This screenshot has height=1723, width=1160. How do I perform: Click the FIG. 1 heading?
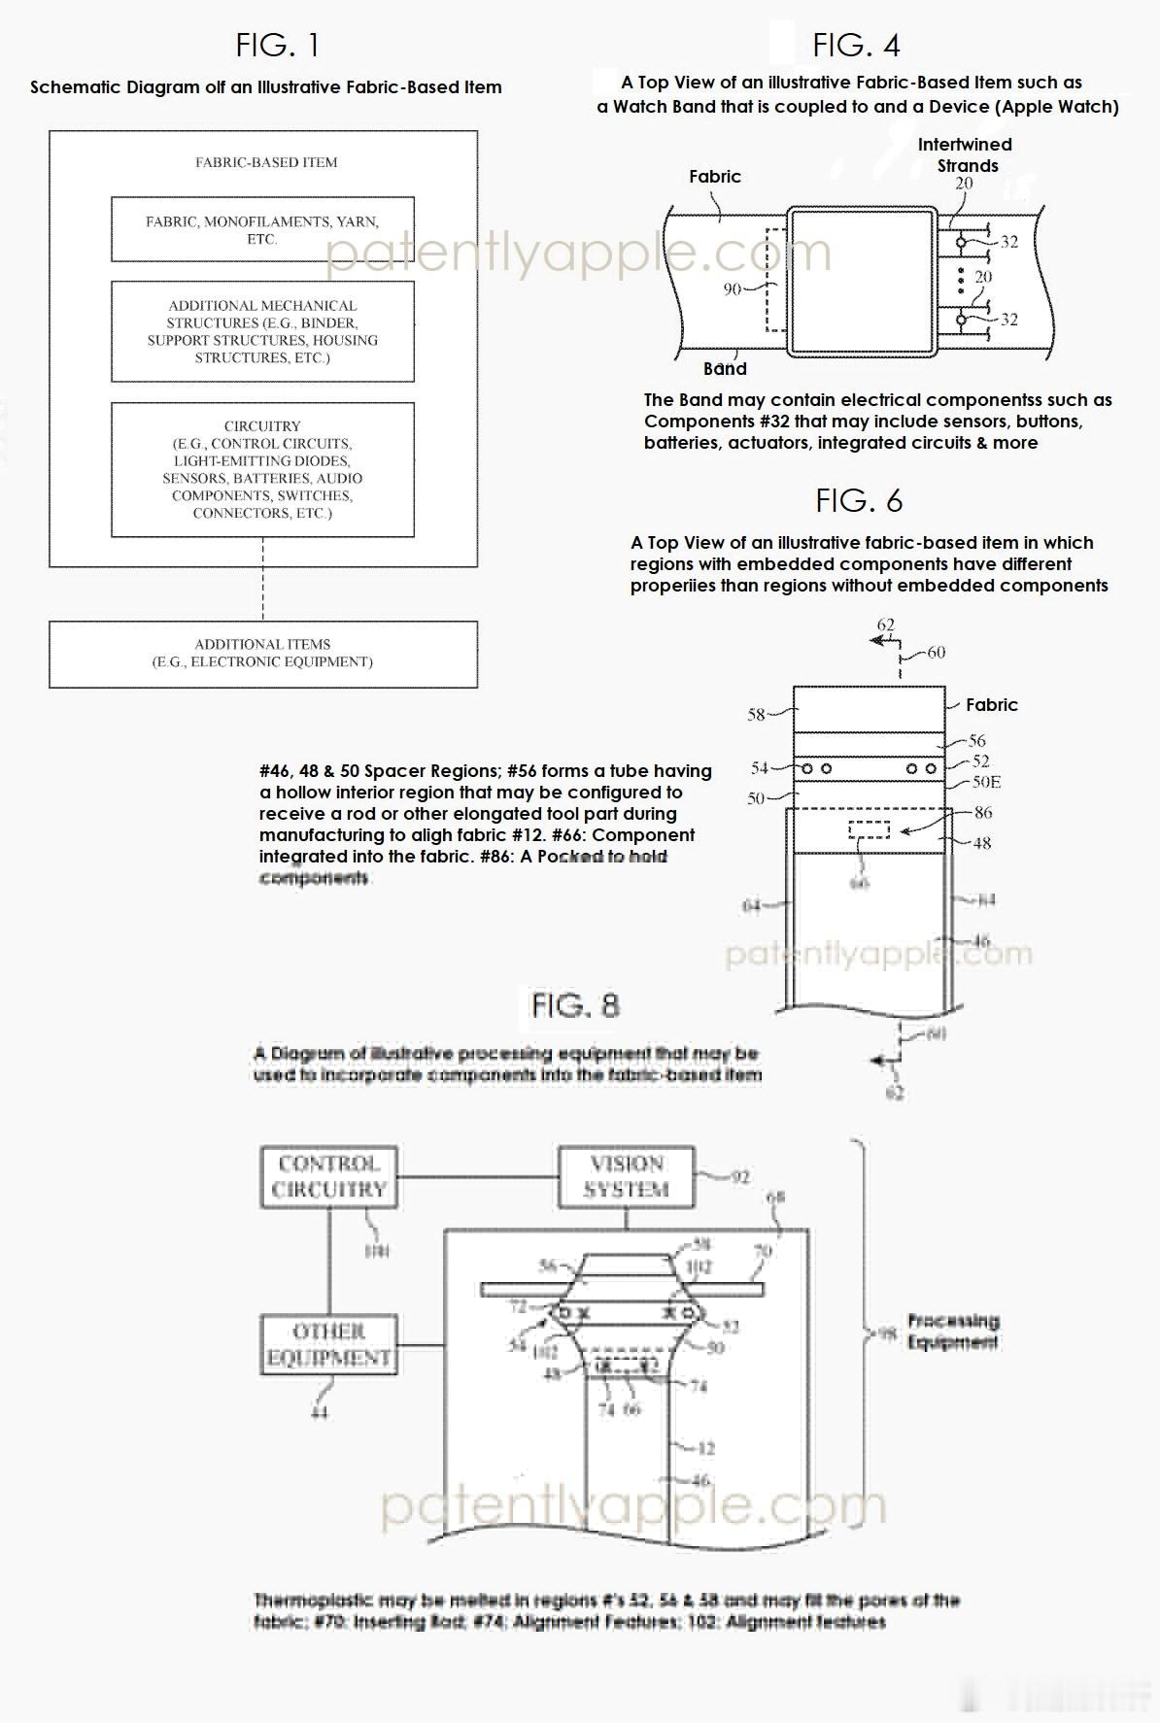277,45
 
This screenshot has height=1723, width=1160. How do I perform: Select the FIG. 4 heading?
856,45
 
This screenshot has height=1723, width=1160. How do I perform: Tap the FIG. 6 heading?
859,500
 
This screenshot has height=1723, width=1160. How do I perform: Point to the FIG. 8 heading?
575,1005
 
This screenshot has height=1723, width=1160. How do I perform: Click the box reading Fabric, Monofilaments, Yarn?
262,230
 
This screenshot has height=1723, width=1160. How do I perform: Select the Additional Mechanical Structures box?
262,331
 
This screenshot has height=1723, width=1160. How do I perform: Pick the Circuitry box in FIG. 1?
262,469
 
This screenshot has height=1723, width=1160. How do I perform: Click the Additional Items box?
262,654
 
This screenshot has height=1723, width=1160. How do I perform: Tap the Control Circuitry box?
328,1176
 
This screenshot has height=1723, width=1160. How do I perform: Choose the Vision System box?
627,1176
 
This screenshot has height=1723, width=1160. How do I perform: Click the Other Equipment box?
328,1344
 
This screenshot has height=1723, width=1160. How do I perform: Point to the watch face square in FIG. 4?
862,283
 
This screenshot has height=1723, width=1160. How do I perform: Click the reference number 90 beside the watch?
733,288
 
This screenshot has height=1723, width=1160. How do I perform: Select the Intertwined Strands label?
965,154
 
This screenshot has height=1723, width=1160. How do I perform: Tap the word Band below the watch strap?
725,368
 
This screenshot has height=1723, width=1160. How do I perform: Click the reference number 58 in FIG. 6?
756,715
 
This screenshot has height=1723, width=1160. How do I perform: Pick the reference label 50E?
986,782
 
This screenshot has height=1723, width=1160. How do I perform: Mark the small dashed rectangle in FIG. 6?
869,829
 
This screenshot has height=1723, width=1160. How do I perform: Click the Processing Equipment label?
952,1332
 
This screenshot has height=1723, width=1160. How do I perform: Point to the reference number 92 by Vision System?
740,1178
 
